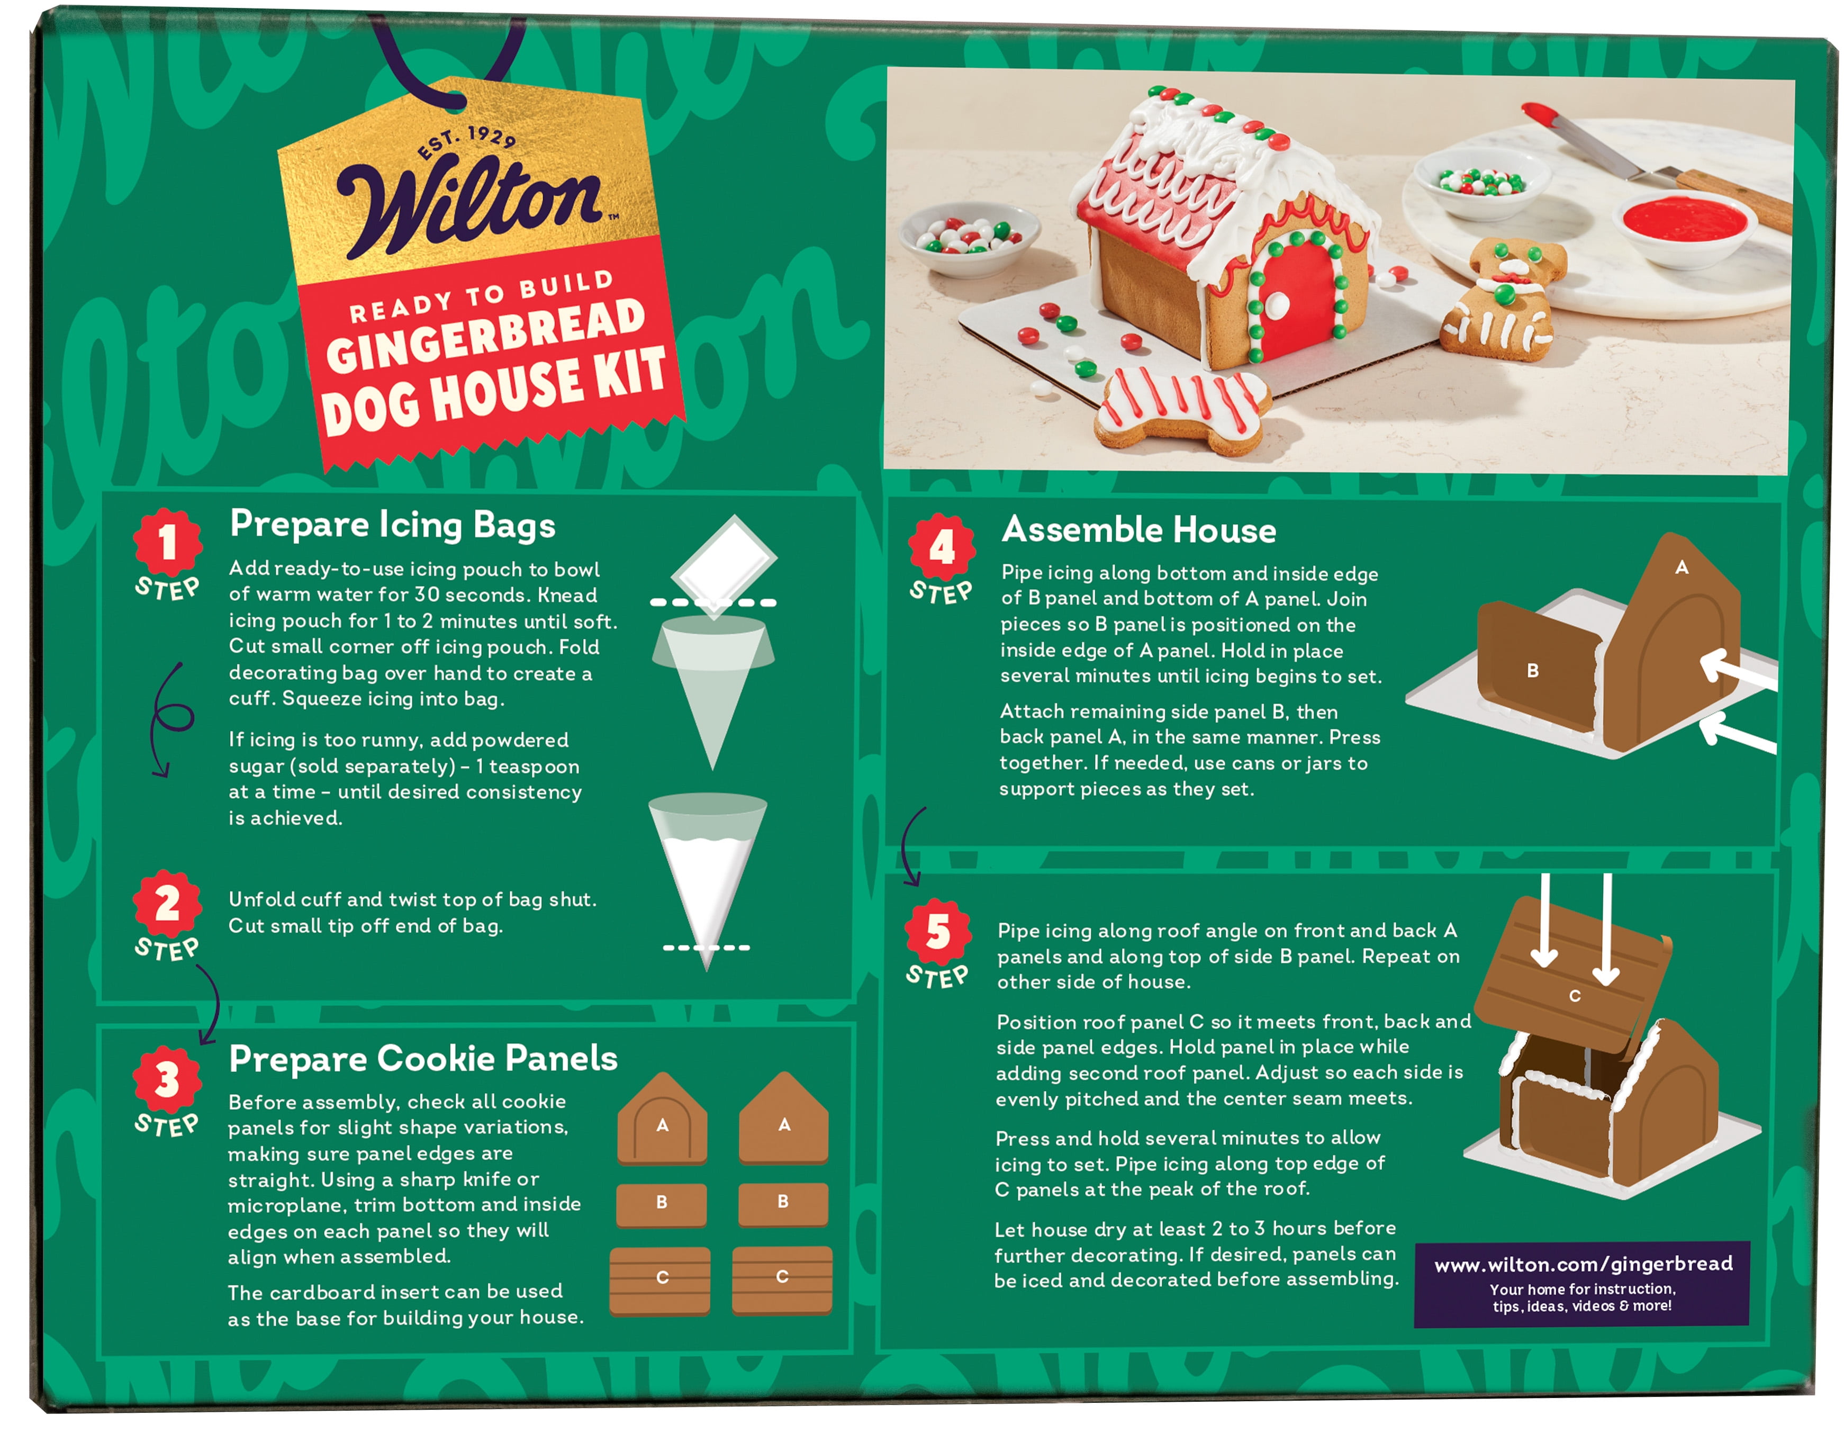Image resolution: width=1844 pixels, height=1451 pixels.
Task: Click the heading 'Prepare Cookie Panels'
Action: pyautogui.click(x=423, y=1059)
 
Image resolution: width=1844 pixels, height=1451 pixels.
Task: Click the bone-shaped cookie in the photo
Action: pyautogui.click(x=1181, y=410)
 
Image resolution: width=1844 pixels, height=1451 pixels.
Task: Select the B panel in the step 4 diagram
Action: pyautogui.click(x=1538, y=667)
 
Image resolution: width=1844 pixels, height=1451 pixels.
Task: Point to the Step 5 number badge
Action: pyautogui.click(x=938, y=931)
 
